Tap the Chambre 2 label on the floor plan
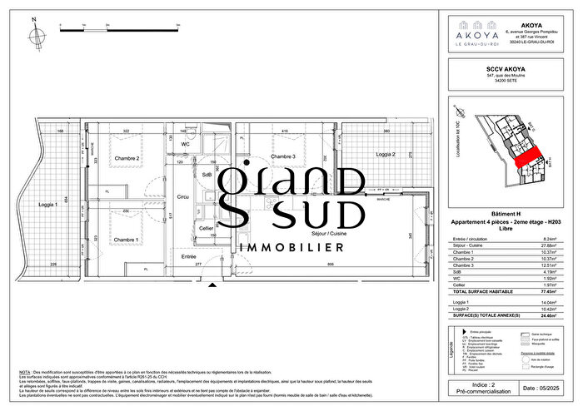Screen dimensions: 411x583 click(x=127, y=158)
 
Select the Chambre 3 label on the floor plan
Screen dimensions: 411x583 click(x=284, y=156)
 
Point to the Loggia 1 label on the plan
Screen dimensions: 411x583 click(x=52, y=204)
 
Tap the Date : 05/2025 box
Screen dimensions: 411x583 click(x=541, y=388)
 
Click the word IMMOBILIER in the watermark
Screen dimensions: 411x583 click(x=291, y=248)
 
